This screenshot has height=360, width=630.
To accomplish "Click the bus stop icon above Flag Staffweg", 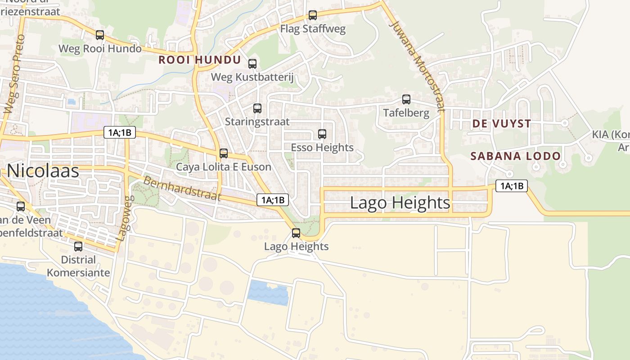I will click(313, 15).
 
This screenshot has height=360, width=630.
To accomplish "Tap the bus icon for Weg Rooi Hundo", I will click(100, 35).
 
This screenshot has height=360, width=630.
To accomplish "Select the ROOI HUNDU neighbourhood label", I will click(200, 60).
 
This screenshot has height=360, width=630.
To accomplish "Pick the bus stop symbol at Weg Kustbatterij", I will click(252, 64).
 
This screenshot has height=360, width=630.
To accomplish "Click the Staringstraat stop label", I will click(257, 121).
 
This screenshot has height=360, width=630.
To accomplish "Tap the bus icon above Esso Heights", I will click(322, 134).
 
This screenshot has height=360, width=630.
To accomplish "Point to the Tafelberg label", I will click(406, 112).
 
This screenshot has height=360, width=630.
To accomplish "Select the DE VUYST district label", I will click(501, 123).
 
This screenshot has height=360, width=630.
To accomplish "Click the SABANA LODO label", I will click(515, 156).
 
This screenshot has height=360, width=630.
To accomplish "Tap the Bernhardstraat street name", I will click(182, 188).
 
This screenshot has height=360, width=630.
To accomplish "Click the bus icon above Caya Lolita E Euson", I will click(224, 153).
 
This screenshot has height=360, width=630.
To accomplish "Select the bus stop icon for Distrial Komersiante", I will click(78, 247).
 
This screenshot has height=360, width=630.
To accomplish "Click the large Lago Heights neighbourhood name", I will click(400, 202).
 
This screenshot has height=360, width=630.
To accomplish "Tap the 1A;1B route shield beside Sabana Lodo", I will click(511, 185).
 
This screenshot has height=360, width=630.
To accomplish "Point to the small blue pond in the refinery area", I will click(267, 292).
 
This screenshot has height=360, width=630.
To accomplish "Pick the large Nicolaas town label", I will click(43, 171).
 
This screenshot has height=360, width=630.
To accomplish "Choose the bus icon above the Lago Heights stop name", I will click(296, 233).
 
